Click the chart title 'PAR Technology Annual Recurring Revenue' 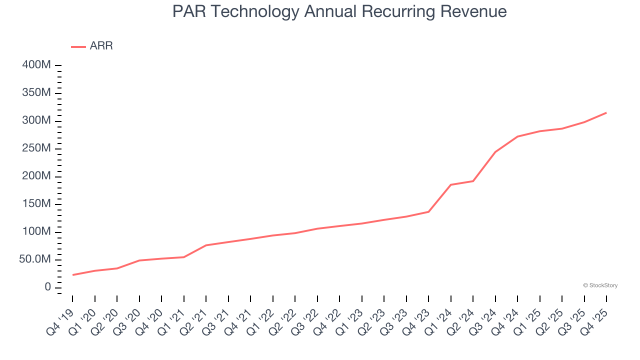339,11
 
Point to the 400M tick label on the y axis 36,65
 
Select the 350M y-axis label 36,93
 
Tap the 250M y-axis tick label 36,148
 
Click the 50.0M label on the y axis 35,259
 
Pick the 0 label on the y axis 47,287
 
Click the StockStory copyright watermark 600,285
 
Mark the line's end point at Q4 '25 606,113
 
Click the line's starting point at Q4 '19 72,275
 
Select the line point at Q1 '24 451,185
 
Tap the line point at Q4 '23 428,211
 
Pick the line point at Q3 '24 495,152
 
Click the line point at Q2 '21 206,245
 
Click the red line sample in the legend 78,46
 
